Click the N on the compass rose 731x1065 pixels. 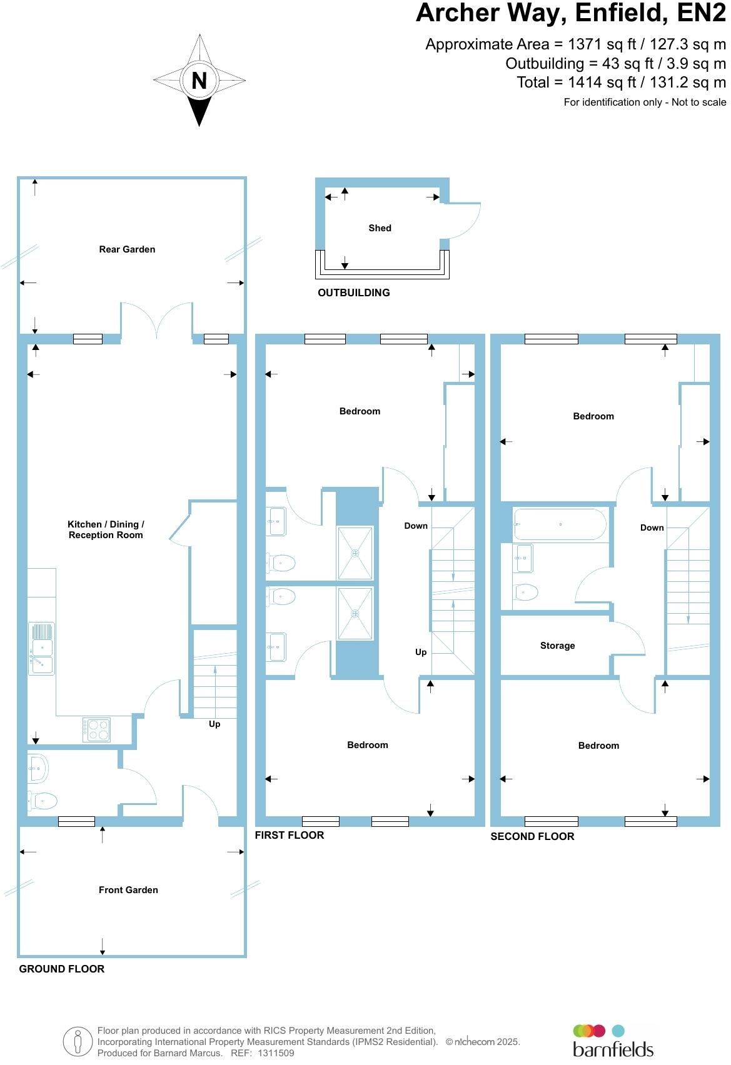tap(199, 81)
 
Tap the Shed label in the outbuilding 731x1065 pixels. tap(380, 228)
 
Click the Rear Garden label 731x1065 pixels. tap(127, 249)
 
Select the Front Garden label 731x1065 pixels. tap(128, 890)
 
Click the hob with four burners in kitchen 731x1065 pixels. tap(96, 729)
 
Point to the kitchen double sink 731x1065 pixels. tap(42, 648)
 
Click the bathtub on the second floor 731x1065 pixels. tap(560, 524)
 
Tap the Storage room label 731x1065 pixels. tap(557, 646)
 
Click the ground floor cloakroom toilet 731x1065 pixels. tap(43, 799)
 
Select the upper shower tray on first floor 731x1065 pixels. tap(355, 553)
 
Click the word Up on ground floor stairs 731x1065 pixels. tap(214, 724)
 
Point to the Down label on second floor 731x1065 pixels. tap(652, 527)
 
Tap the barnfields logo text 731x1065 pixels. tap(613, 1048)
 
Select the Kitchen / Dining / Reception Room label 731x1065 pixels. tap(106, 529)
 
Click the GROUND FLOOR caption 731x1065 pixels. tap(61, 969)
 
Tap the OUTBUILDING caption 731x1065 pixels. tap(353, 292)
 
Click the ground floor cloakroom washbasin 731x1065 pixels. tap(38, 768)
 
